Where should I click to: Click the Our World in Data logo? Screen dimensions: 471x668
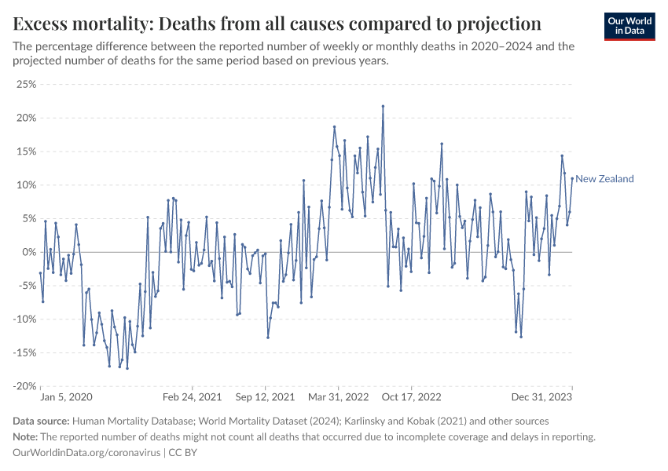tap(629, 26)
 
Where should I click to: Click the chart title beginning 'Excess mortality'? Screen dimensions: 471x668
tap(277, 22)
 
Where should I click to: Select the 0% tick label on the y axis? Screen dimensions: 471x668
tap(30, 252)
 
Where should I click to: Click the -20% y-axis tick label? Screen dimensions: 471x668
tap(24, 386)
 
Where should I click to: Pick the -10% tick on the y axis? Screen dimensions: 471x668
tap(24, 319)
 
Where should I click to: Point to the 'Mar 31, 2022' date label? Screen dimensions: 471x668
tap(339, 397)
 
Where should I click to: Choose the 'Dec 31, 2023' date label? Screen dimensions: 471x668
tap(545, 397)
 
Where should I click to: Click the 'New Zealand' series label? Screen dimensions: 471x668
tap(604, 179)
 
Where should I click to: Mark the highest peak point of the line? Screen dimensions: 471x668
tap(383, 106)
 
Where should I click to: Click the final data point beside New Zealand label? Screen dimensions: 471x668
tap(572, 178)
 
